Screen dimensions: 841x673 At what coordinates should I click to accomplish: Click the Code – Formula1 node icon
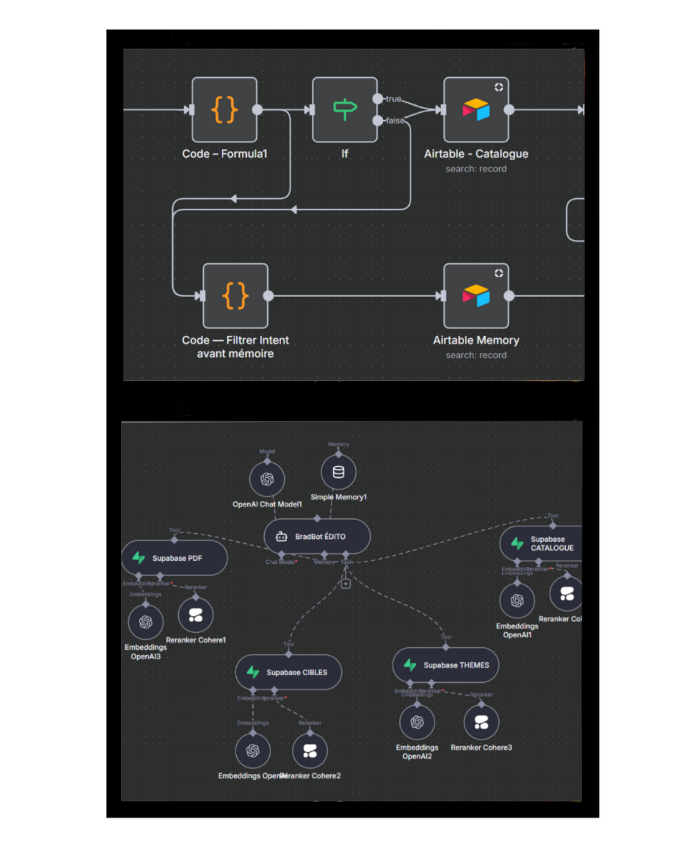(224, 110)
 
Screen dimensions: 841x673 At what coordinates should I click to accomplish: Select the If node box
(345, 110)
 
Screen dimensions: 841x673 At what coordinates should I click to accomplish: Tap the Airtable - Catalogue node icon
(476, 110)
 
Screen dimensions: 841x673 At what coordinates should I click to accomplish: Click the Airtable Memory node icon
(476, 296)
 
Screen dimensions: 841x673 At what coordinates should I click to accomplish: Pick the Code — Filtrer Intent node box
(236, 296)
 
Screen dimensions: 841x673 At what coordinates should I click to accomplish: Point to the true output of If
(378, 98)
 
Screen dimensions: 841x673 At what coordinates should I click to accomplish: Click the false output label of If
(395, 121)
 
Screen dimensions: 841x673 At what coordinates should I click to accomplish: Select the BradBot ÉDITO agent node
(317, 536)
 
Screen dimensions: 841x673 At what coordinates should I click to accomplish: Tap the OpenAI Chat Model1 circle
(267, 479)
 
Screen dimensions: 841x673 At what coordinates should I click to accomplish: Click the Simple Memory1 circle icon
(338, 472)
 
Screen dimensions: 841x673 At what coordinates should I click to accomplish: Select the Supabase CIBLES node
(289, 672)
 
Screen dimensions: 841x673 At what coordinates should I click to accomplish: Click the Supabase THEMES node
(446, 665)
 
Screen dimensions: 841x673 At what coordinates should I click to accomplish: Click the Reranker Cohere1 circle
(196, 615)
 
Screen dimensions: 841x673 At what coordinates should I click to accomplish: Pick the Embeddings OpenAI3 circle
(146, 622)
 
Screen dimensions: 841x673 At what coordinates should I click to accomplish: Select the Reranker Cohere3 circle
(481, 722)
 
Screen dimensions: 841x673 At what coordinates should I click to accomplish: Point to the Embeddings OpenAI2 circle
(417, 722)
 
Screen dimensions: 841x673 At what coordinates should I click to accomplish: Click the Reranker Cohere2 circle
(310, 751)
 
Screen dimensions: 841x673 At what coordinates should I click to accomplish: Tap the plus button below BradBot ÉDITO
(346, 584)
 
